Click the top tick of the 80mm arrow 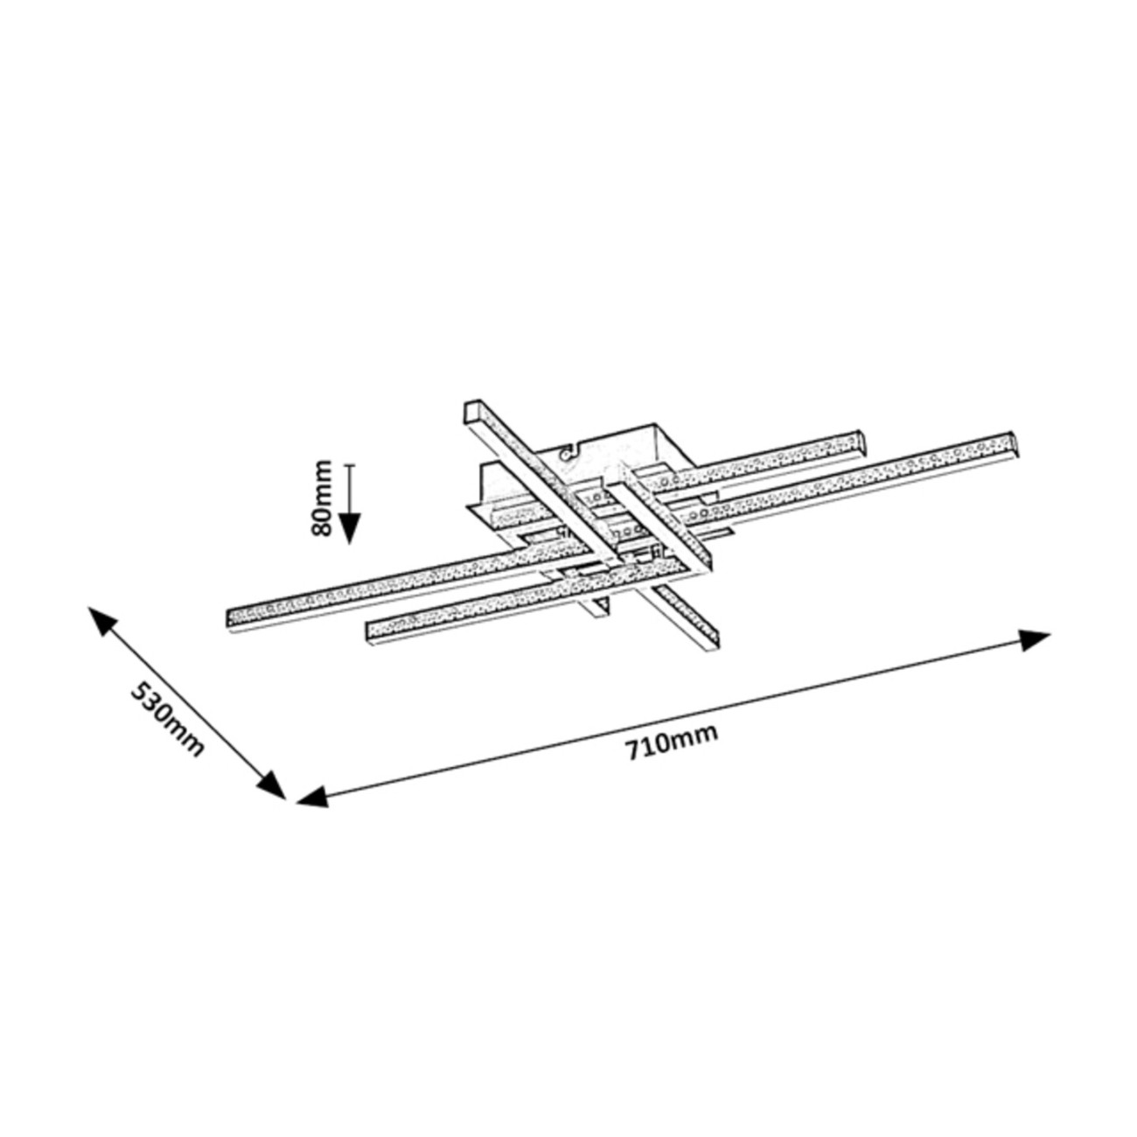(x=350, y=465)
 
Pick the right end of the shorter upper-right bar (x=865, y=440)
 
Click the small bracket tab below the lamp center (x=601, y=609)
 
